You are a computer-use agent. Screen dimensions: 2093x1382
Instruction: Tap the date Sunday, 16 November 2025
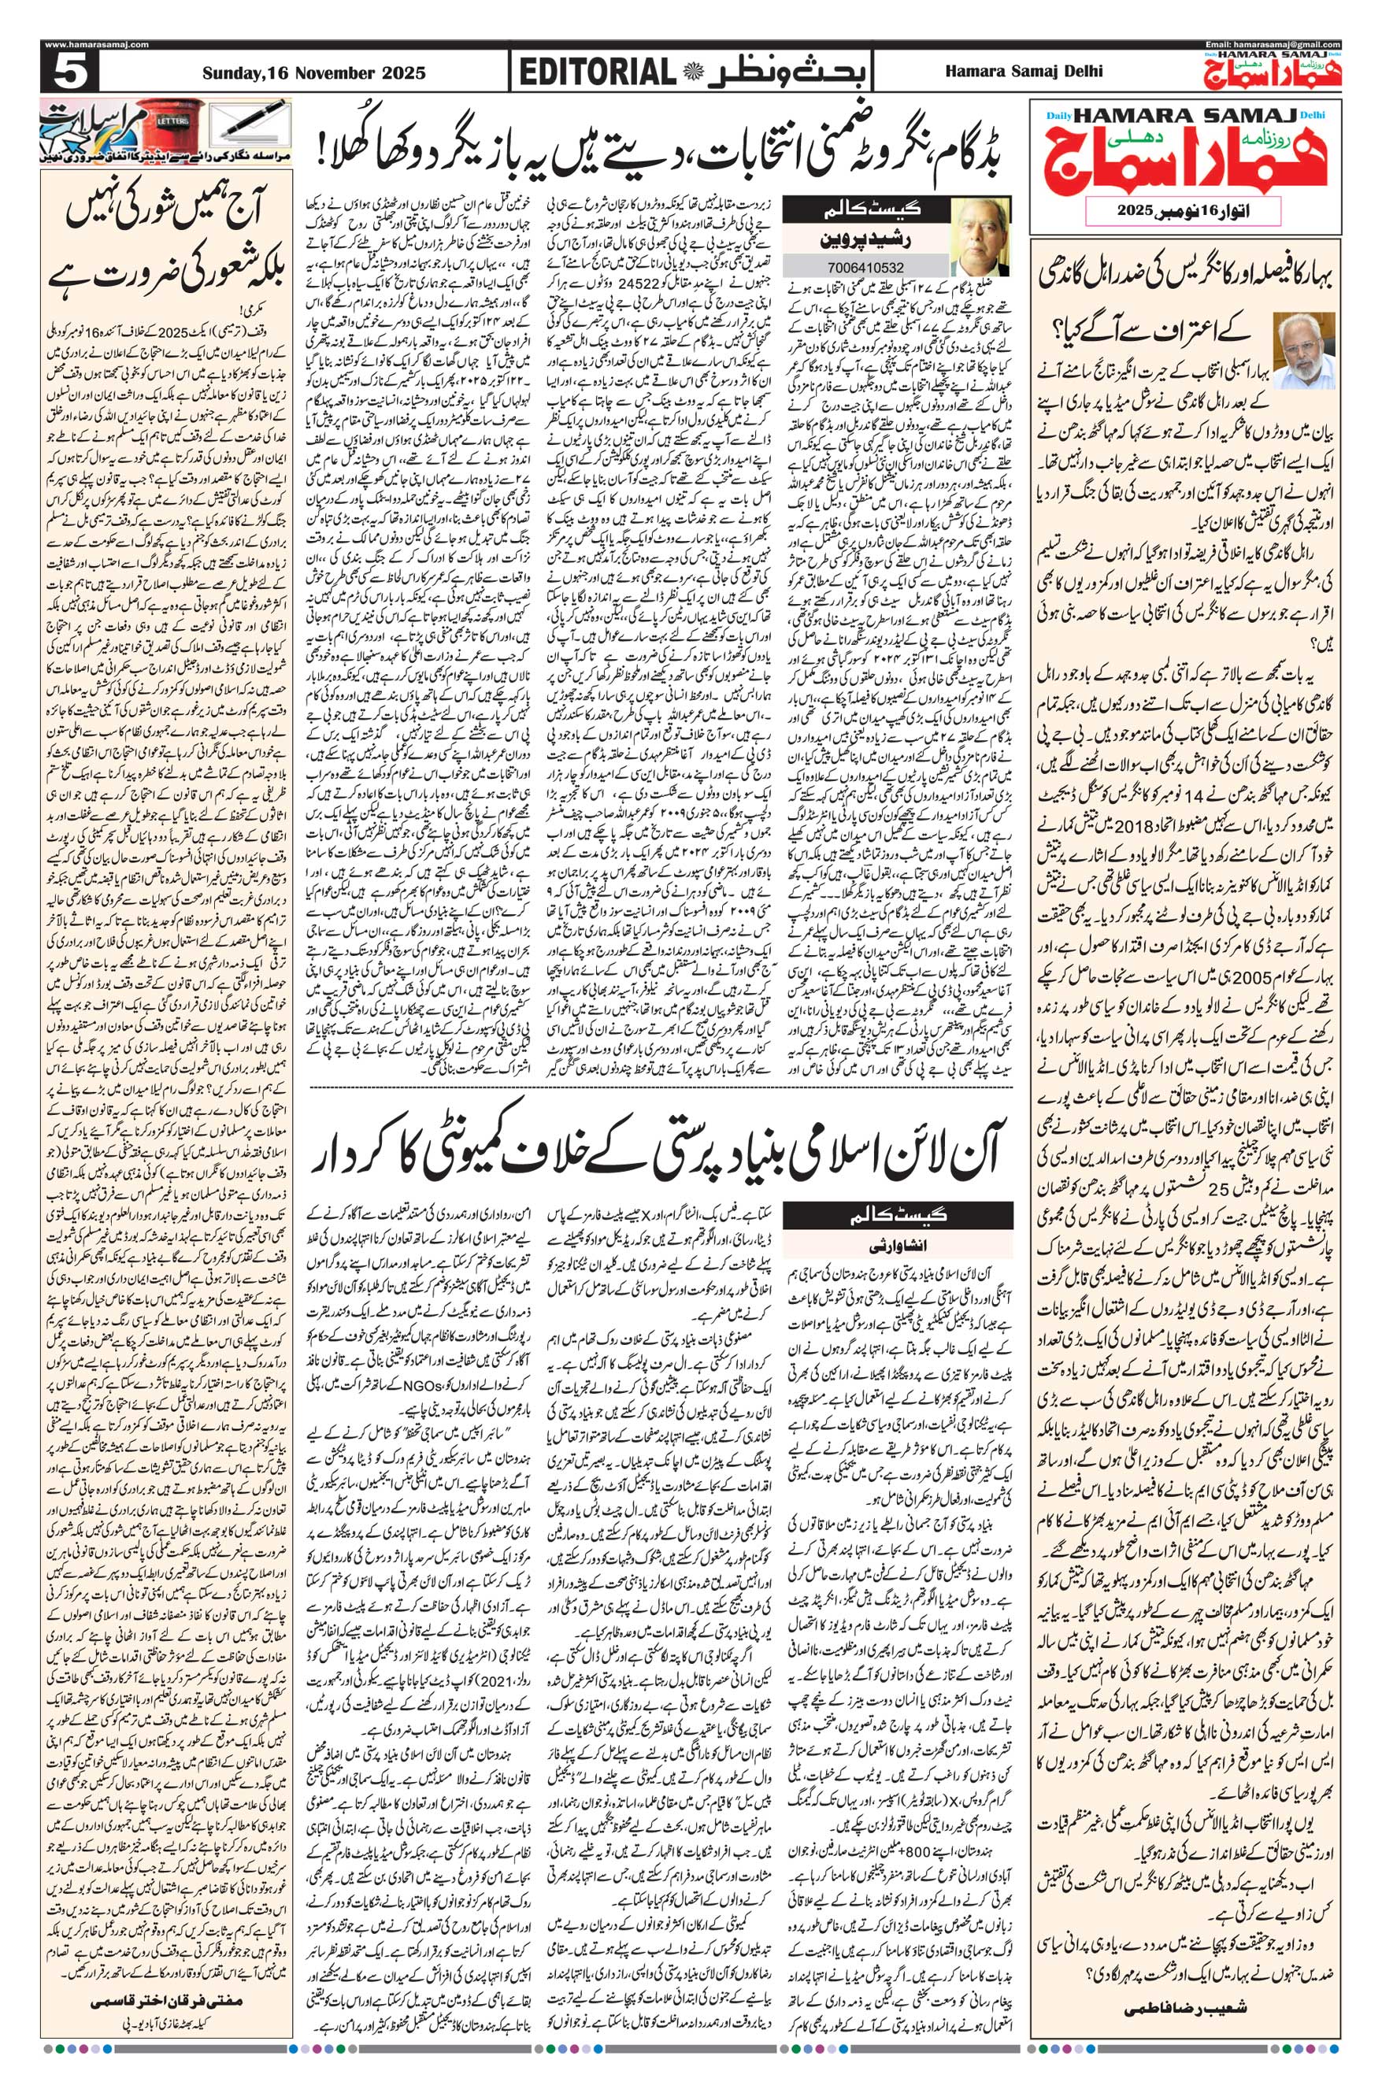click(x=313, y=72)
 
